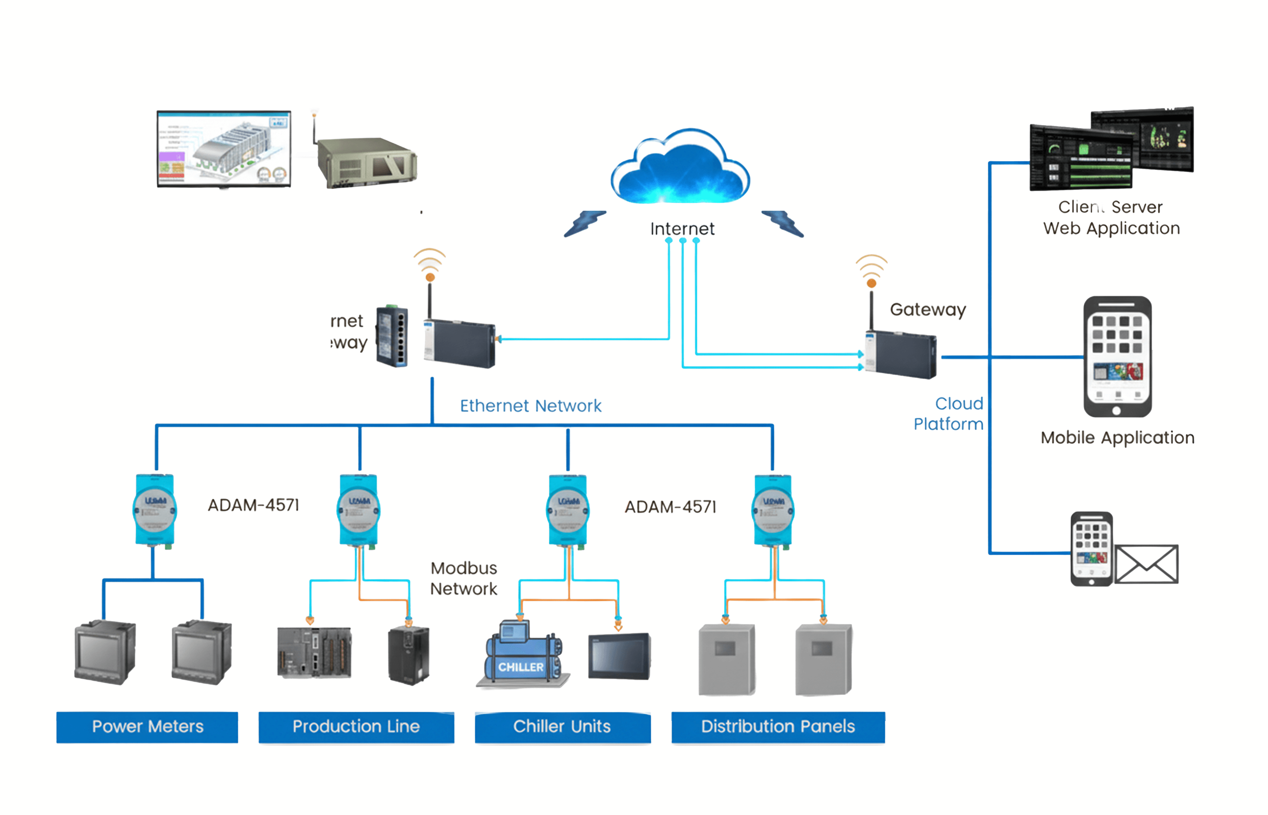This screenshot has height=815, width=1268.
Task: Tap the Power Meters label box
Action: click(x=147, y=727)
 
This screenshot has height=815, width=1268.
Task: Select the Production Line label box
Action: click(x=356, y=727)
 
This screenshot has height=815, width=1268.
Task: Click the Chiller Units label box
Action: click(x=562, y=727)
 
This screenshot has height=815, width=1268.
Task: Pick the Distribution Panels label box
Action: click(x=778, y=727)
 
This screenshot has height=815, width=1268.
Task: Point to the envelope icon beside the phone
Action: click(x=1146, y=564)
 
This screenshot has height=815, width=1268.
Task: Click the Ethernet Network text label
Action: click(x=530, y=406)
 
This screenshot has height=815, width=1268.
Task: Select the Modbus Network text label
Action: click(x=463, y=578)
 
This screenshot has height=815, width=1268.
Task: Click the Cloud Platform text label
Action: click(x=949, y=414)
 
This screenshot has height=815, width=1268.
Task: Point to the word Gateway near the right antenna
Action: click(x=927, y=309)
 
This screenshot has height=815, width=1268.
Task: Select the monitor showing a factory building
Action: click(x=224, y=149)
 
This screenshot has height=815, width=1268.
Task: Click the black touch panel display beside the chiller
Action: click(x=619, y=656)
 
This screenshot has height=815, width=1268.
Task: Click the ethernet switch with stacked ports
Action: click(x=392, y=336)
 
